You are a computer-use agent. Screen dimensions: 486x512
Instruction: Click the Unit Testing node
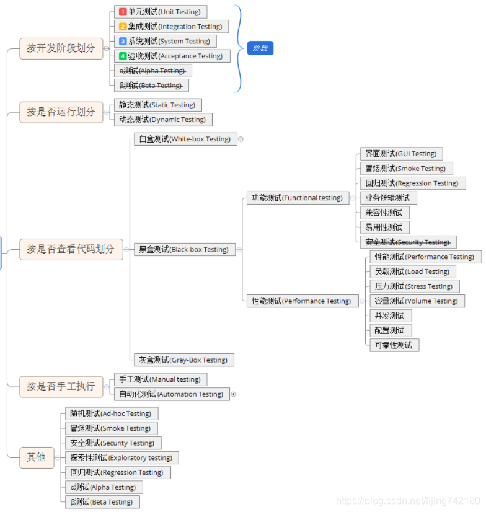coord(161,12)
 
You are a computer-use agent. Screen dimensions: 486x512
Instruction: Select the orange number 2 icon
coord(123,27)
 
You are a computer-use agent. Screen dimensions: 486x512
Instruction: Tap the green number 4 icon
coord(123,56)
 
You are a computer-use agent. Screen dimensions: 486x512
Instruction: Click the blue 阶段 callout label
coord(260,48)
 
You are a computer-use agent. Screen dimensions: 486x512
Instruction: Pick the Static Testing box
coord(157,105)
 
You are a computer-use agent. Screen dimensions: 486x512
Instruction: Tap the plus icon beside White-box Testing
coord(241,139)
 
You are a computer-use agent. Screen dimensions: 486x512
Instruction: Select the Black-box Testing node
coord(184,249)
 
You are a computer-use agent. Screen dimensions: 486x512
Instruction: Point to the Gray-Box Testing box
coord(183,360)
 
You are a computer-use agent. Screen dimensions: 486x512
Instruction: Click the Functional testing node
coord(297,198)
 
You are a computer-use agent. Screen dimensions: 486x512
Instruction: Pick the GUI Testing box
coord(401,154)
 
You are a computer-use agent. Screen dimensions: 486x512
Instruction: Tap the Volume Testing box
coord(417,301)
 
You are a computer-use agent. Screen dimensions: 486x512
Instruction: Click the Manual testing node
coord(160,379)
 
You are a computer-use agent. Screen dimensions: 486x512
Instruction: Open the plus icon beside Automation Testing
coord(234,394)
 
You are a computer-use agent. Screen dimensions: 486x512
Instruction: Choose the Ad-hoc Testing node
coord(111,413)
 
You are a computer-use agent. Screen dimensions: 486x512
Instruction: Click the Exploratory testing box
coord(122,457)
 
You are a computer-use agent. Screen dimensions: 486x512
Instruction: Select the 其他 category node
coord(37,457)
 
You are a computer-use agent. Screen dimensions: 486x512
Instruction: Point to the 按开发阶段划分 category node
coord(61,48)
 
